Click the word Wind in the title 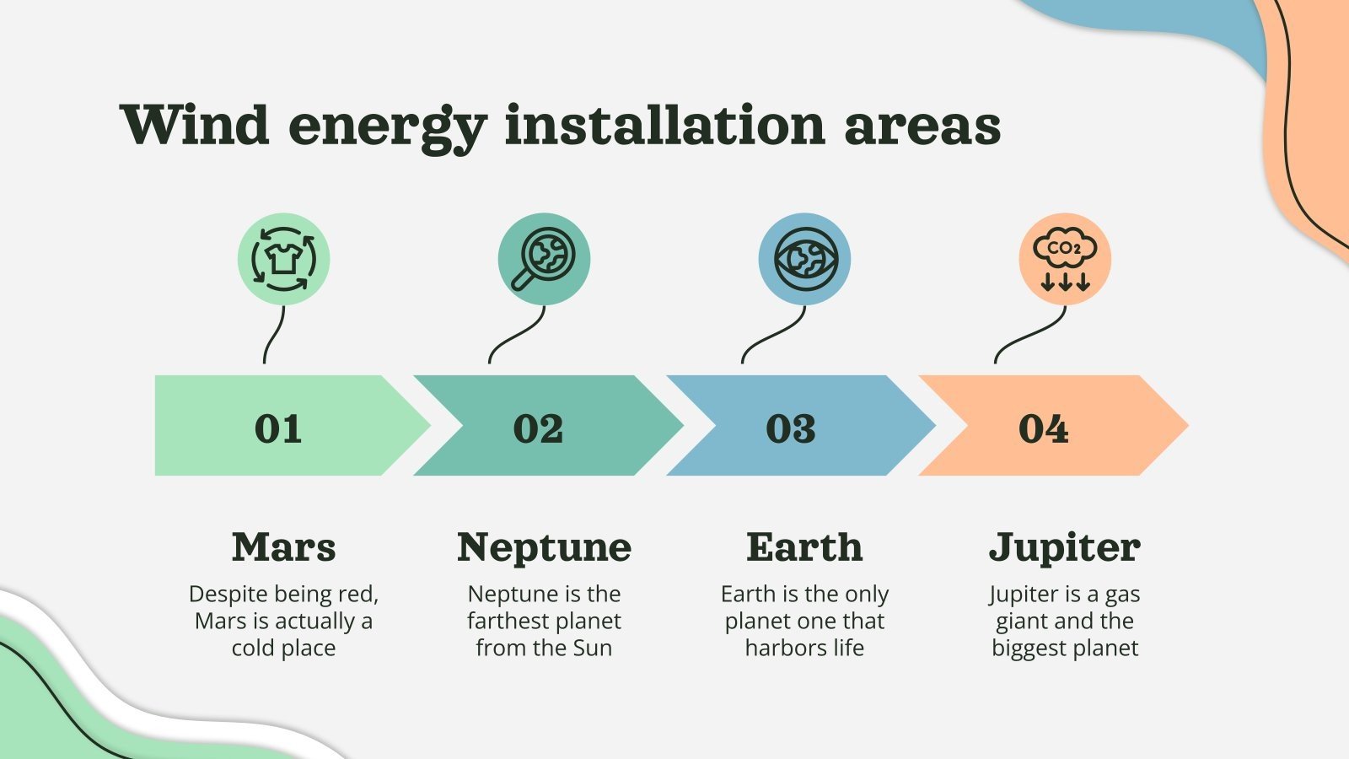[195, 125]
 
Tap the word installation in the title [664, 125]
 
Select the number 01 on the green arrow [278, 428]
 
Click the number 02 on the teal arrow [538, 428]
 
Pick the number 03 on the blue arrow [791, 428]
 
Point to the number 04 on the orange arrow [1044, 428]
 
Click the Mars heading [284, 547]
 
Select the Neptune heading [544, 547]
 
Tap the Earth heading [804, 547]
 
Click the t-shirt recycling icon [283, 259]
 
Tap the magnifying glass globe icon [544, 259]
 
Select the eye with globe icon [804, 259]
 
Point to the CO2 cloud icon [1065, 259]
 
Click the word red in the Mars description [357, 595]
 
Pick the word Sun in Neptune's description [593, 649]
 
